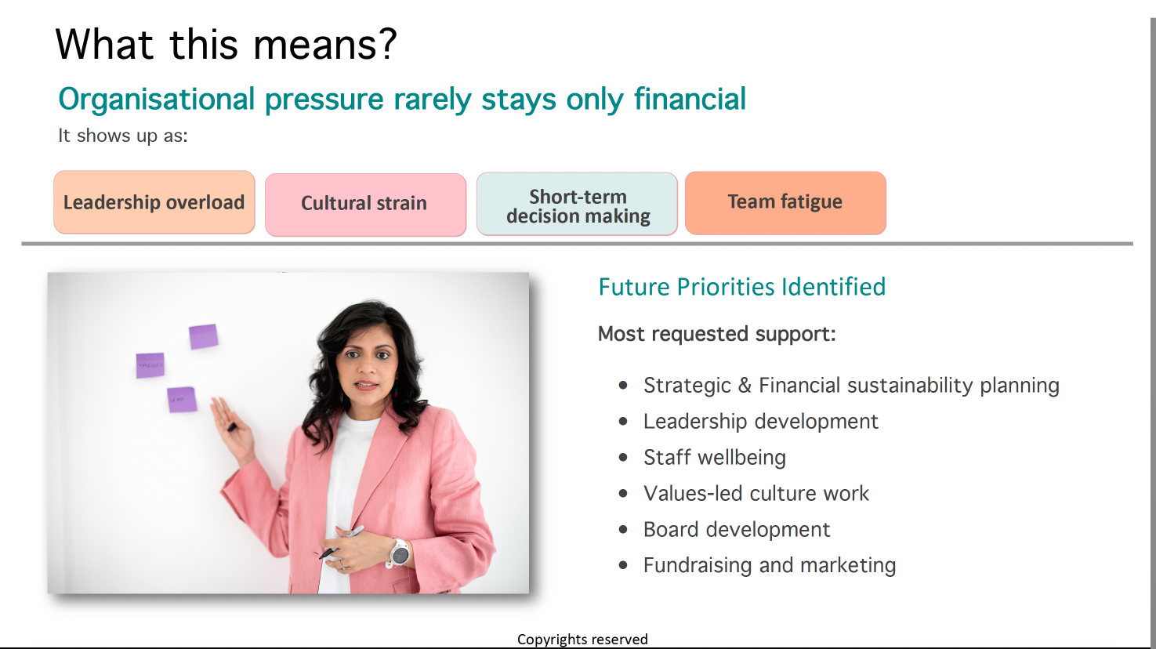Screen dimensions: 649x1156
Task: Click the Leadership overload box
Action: (x=154, y=202)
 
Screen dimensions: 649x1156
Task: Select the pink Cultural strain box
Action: (x=365, y=204)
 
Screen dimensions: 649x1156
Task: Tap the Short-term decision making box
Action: (x=578, y=205)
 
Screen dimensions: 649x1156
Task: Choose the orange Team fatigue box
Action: (x=785, y=202)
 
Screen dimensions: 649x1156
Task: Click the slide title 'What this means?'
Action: (x=226, y=45)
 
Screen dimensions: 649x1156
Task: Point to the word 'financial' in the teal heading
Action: (x=690, y=100)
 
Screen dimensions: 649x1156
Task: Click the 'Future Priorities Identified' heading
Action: (x=741, y=287)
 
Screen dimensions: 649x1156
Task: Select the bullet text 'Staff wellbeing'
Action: (x=714, y=457)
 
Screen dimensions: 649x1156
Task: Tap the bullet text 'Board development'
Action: (x=736, y=530)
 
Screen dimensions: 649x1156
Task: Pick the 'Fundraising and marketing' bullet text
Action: (x=769, y=565)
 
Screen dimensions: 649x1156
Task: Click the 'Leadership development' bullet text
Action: (x=760, y=422)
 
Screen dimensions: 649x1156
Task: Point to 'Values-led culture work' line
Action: (x=756, y=494)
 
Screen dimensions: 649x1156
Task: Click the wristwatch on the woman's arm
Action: (x=399, y=553)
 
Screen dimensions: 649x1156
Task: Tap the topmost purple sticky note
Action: (x=203, y=337)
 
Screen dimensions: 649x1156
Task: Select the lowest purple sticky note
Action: (x=182, y=399)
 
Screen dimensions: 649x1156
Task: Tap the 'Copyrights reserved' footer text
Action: (x=582, y=640)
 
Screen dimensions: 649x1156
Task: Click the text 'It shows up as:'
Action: (x=123, y=136)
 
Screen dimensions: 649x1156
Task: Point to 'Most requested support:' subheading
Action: (x=716, y=335)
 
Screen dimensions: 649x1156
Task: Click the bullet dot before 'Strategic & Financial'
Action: (x=623, y=386)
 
